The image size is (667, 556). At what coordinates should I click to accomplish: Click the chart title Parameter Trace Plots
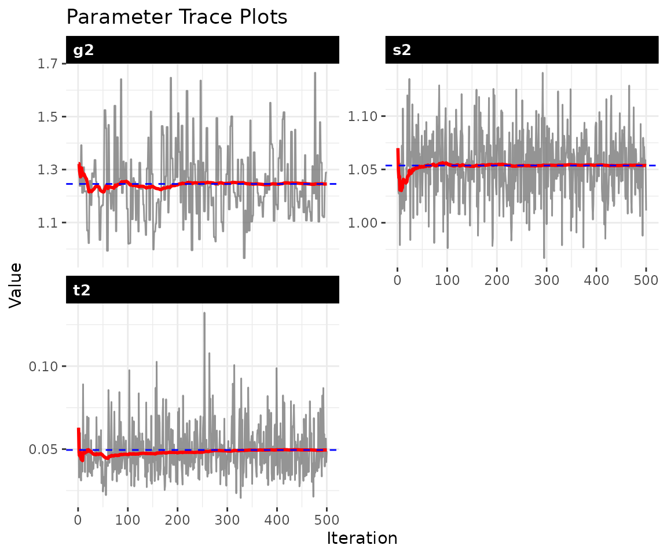pos(177,17)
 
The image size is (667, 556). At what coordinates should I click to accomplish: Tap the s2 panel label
pos(402,50)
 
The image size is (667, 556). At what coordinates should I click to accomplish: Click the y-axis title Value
pos(16,285)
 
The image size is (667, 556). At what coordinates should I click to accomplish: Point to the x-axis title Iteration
pos(362,538)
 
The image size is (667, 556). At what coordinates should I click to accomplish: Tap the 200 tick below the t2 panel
pos(177,519)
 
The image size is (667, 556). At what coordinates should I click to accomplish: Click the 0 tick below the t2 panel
pos(78,519)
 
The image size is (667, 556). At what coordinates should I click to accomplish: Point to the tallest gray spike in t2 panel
pos(204,313)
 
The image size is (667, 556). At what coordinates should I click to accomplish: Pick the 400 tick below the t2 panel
pos(277,519)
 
